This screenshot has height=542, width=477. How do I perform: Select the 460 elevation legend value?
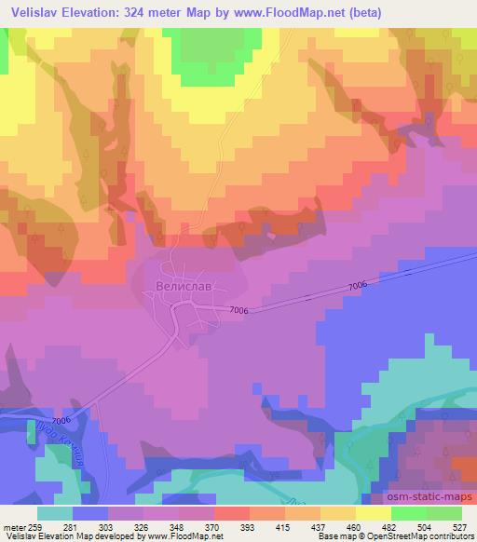tap(355, 526)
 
